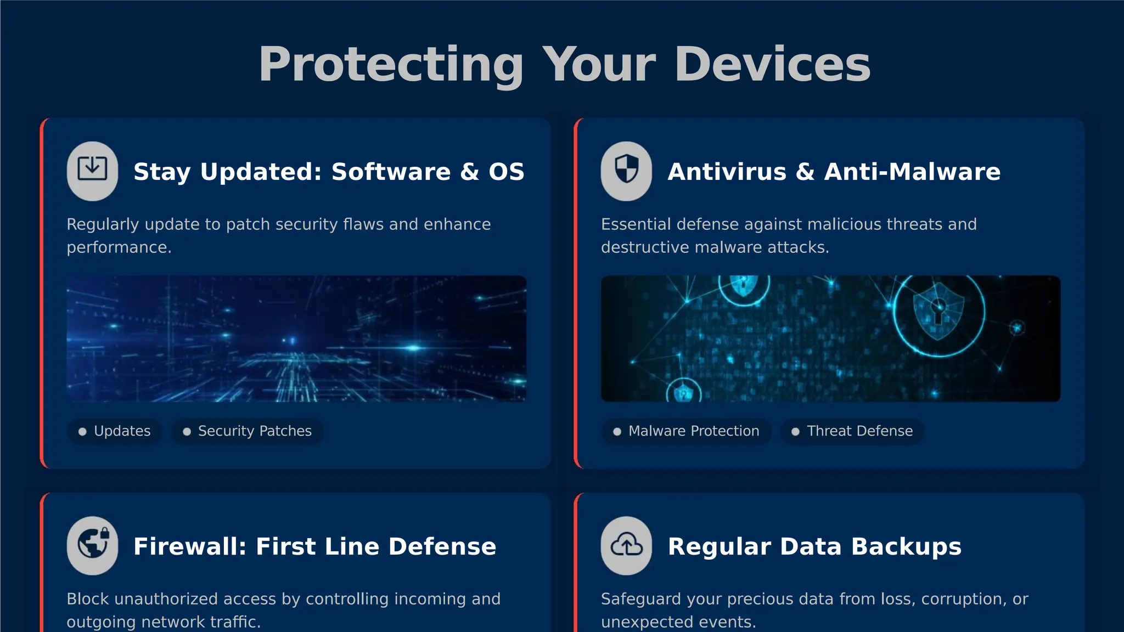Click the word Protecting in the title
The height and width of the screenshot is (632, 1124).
pyautogui.click(x=391, y=65)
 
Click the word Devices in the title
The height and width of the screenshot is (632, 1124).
pyautogui.click(x=772, y=65)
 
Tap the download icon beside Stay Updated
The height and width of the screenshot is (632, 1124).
pyautogui.click(x=92, y=171)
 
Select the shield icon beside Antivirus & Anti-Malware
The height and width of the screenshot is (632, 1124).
pyautogui.click(x=626, y=171)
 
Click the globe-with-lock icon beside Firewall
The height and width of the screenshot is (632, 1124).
pyautogui.click(x=92, y=545)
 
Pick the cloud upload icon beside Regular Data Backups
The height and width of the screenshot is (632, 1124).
pyautogui.click(x=626, y=545)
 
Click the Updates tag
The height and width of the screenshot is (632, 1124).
pyautogui.click(x=115, y=431)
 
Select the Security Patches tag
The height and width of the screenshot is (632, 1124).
pyautogui.click(x=248, y=431)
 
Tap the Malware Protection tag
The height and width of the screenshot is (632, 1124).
pyautogui.click(x=687, y=431)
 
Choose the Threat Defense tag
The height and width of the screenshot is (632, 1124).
pyautogui.click(x=852, y=431)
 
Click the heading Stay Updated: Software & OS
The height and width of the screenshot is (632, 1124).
pyautogui.click(x=329, y=172)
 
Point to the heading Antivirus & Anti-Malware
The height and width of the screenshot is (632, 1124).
pyautogui.click(x=834, y=172)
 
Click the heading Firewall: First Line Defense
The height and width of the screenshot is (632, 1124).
pyautogui.click(x=314, y=546)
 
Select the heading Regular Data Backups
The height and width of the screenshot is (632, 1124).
pyautogui.click(x=814, y=546)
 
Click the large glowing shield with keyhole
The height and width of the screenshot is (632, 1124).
pyautogui.click(x=938, y=311)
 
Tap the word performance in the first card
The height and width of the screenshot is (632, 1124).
pyautogui.click(x=118, y=247)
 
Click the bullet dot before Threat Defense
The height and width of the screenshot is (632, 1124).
pyautogui.click(x=795, y=432)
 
